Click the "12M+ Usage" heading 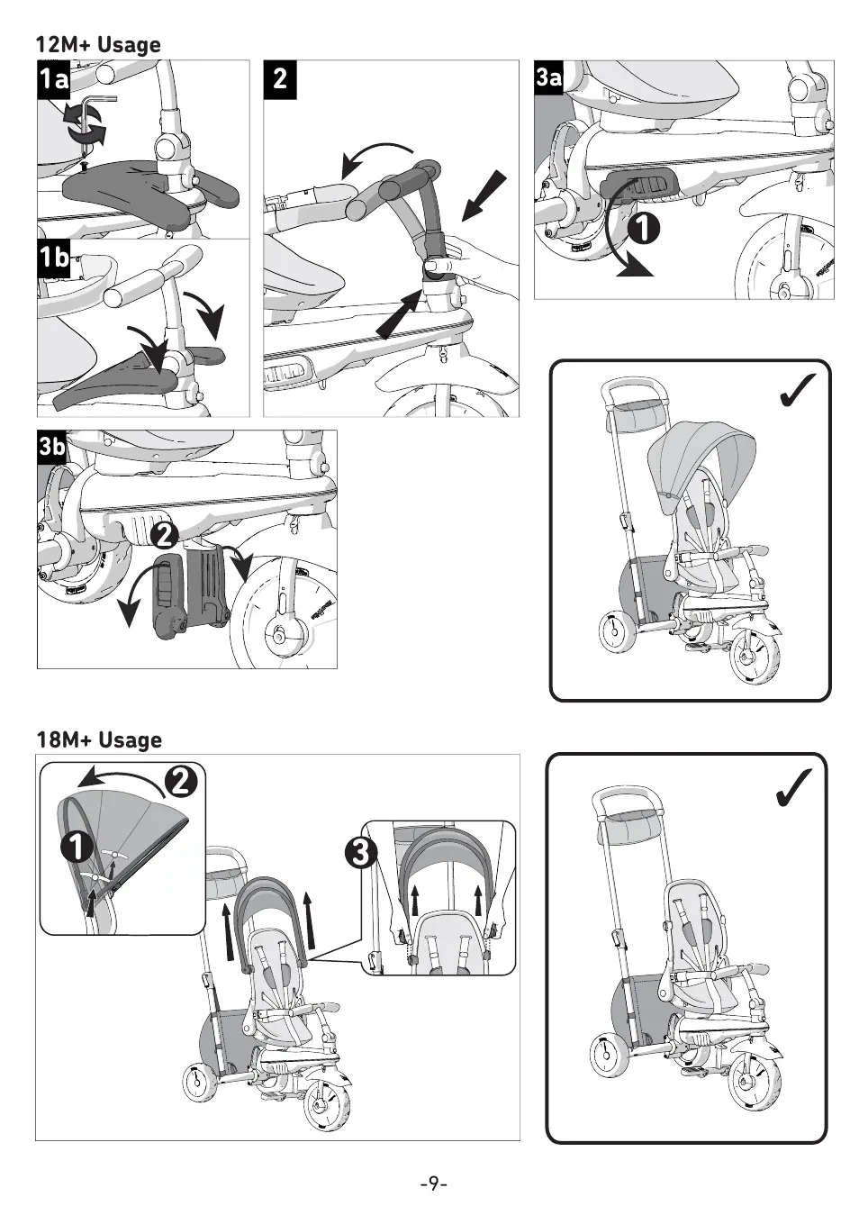tap(98, 44)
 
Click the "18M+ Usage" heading tap(99, 739)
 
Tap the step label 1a tap(53, 79)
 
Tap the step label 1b tap(53, 258)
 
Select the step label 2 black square tap(280, 78)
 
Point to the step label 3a tap(548, 77)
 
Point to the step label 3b tap(52, 446)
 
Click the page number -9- tap(433, 1183)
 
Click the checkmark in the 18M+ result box tap(792, 786)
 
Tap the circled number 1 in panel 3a tap(645, 228)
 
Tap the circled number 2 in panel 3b tap(165, 535)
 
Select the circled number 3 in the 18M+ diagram tap(360, 851)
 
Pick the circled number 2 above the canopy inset tap(181, 781)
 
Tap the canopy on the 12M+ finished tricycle tap(702, 459)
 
